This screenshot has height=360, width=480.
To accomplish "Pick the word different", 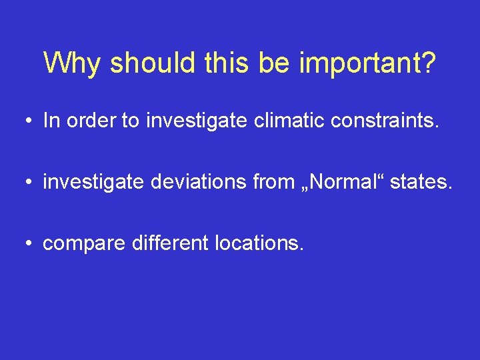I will tap(170, 243).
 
